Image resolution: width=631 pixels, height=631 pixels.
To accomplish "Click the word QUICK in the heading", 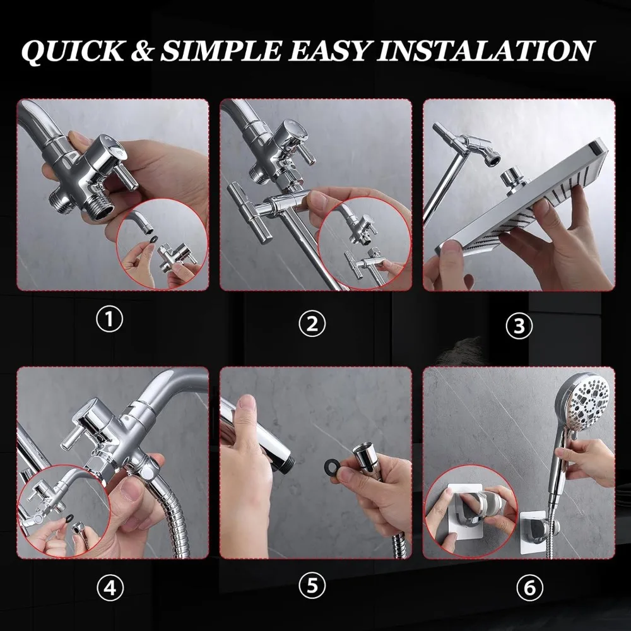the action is coord(73,52).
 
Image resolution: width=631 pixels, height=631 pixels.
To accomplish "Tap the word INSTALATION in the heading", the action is coord(485,50).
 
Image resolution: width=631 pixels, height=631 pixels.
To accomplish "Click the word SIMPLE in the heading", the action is coord(220,51).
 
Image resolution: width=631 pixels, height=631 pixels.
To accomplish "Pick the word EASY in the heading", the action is coord(329,51).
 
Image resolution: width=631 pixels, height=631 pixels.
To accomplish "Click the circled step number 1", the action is coord(109,320).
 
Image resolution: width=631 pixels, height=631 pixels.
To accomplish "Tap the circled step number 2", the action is coord(312,324).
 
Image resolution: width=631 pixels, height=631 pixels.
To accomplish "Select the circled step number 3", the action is coord(519,326).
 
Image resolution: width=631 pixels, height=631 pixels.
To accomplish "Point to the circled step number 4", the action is coord(110,588).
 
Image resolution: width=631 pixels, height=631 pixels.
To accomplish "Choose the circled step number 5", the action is coord(312,586).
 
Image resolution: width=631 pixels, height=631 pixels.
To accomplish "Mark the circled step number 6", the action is coord(529,588).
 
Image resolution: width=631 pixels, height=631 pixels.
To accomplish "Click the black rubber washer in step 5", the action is coord(333,466).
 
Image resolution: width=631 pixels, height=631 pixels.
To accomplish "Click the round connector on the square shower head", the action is coord(512,179).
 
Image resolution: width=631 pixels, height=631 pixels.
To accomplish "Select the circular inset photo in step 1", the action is coord(162,243).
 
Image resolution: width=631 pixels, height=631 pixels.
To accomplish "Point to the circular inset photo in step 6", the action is coord(471,510).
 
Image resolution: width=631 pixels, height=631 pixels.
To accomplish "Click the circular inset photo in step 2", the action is coord(364,243).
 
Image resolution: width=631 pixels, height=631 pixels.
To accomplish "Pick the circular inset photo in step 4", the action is coord(64,511).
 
